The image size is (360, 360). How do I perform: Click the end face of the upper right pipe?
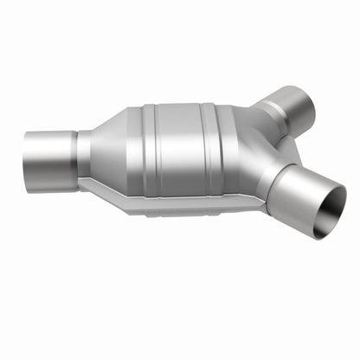coord(307,102)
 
